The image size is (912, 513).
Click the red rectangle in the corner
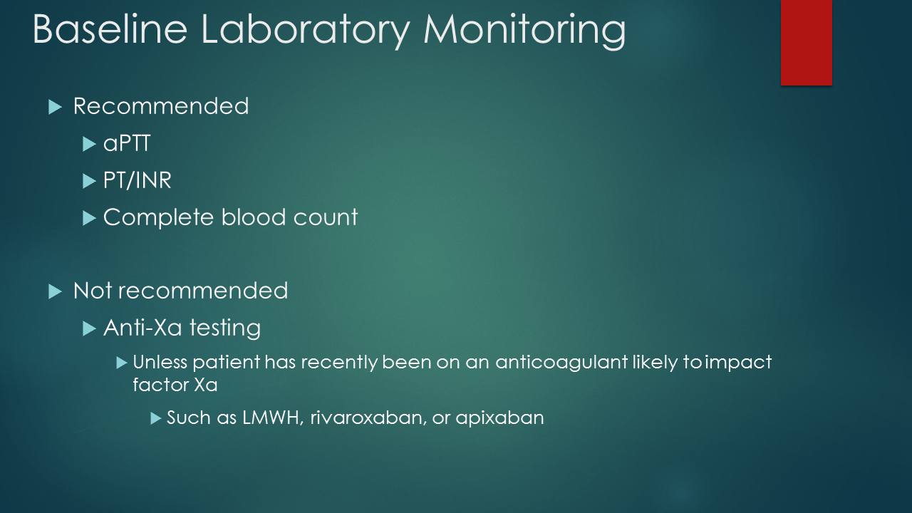(x=806, y=42)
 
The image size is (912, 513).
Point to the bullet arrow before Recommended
(x=55, y=107)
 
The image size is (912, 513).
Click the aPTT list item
(x=127, y=144)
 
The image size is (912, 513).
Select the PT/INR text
(x=138, y=181)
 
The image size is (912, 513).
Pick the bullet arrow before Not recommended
(x=55, y=291)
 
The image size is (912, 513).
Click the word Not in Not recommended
(x=93, y=291)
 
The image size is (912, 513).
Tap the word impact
(x=739, y=363)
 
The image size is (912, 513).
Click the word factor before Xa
(x=160, y=385)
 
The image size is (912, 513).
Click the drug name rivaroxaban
(x=366, y=418)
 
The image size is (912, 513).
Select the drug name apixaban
(x=499, y=418)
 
